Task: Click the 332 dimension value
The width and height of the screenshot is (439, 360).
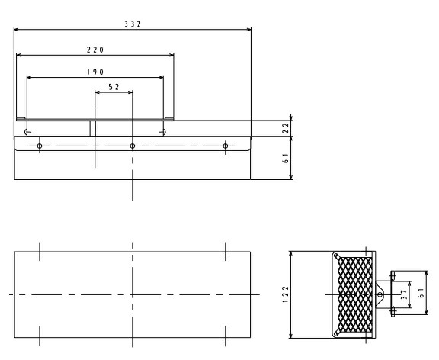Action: point(133,24)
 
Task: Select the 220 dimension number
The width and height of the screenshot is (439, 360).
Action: point(95,50)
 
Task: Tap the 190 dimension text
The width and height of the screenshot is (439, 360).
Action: point(95,72)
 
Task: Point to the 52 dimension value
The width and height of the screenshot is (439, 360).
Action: point(114,87)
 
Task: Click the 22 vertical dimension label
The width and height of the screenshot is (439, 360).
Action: point(285,128)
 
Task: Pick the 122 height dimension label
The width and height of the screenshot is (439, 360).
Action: point(285,294)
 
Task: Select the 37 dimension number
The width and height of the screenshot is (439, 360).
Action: point(404,294)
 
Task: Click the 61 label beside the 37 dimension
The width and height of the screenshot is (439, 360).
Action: point(421,293)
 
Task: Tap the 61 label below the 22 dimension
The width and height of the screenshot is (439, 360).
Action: point(285,158)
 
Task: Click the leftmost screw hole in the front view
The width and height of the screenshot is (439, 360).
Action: point(40,146)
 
